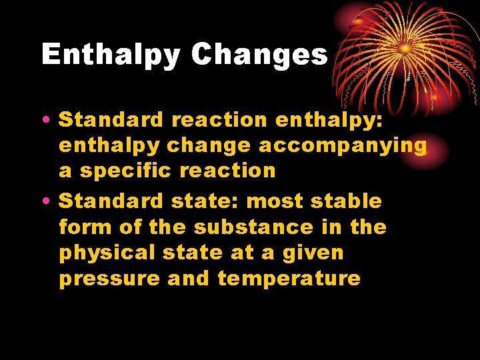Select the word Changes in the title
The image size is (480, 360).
click(x=259, y=54)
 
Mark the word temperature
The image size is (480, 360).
click(x=289, y=278)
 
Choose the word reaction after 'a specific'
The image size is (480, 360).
click(x=229, y=171)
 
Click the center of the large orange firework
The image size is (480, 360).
click(x=404, y=49)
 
